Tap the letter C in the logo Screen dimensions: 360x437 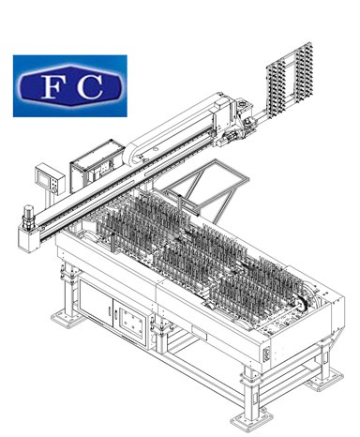click(x=90, y=86)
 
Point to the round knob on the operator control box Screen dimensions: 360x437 click(x=54, y=189)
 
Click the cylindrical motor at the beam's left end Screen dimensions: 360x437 click(x=28, y=214)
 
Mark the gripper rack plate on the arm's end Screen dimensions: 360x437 click(x=290, y=77)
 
